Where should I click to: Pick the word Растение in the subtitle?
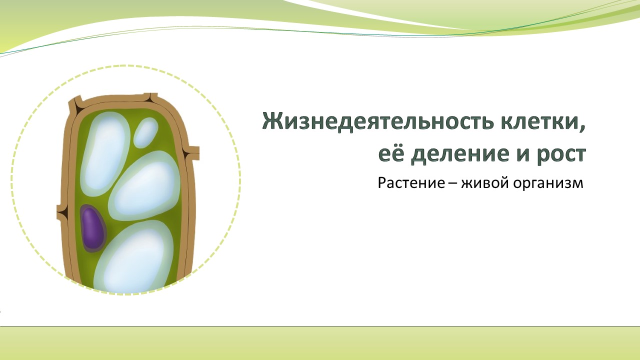coord(411,183)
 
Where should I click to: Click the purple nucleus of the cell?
coord(93,228)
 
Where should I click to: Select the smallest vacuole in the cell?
coord(145,132)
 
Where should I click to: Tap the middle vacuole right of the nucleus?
coord(144,189)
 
